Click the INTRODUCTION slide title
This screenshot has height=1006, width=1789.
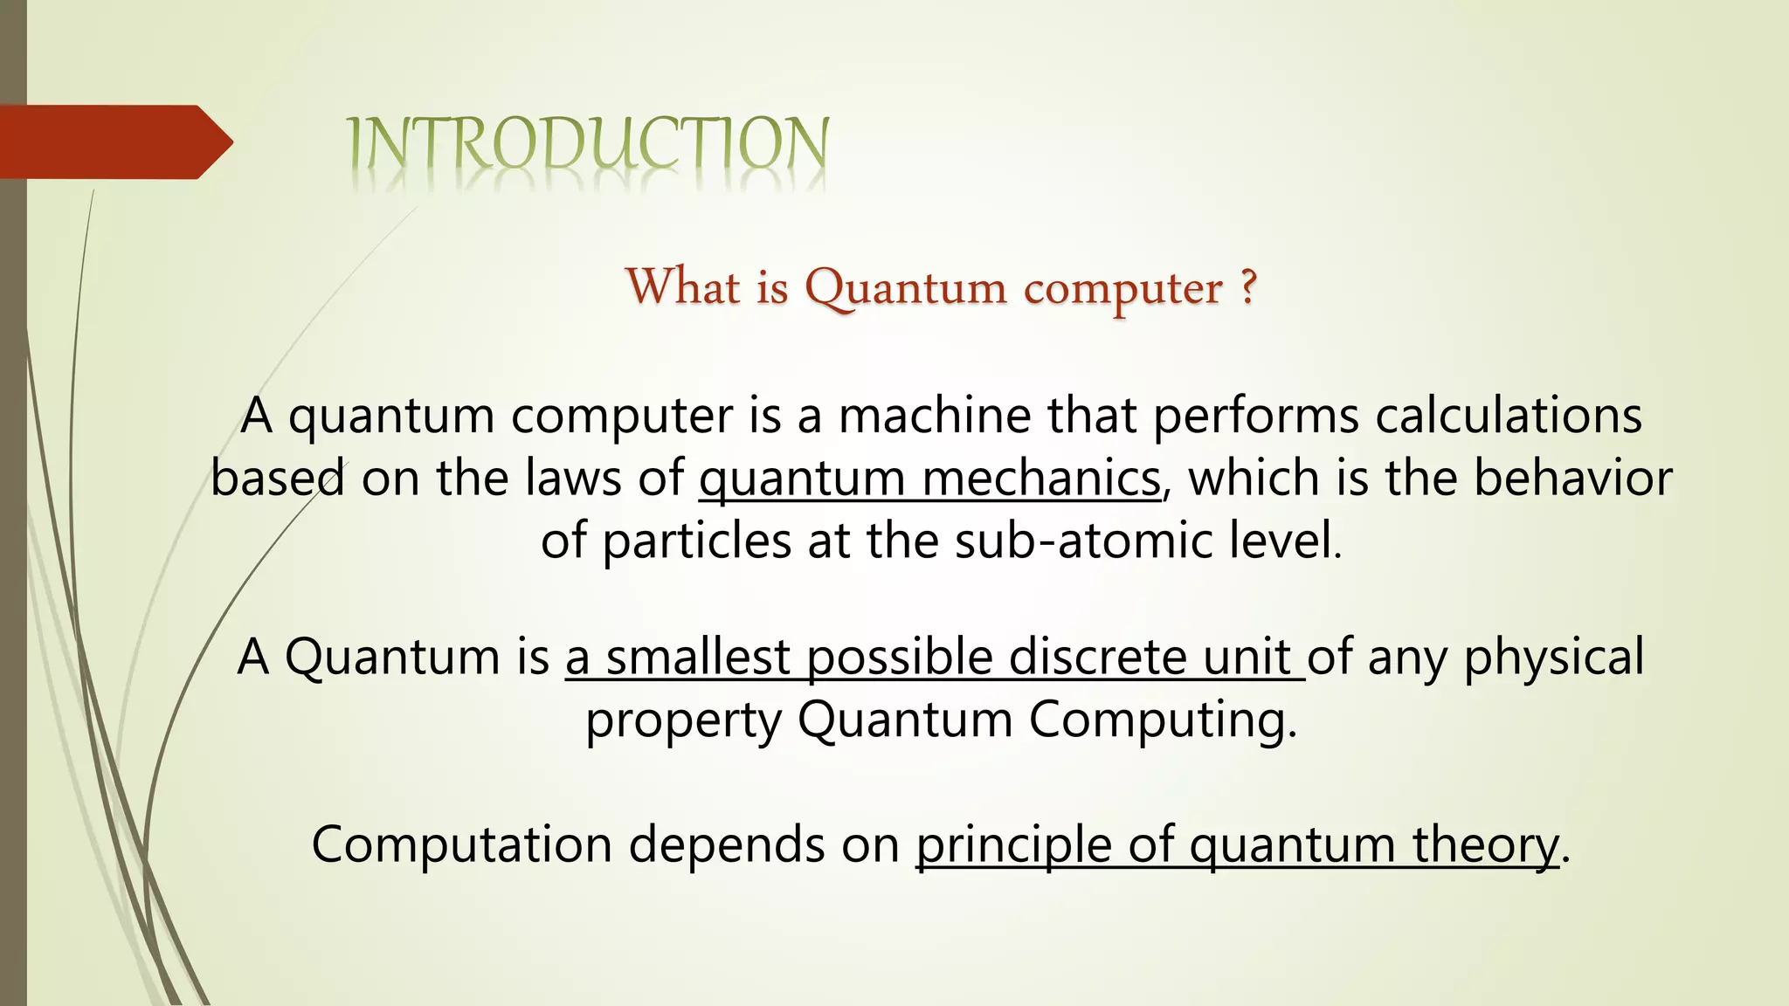click(x=588, y=144)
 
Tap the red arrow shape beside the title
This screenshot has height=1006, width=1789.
click(x=114, y=142)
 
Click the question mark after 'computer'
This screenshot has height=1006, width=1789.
click(x=1247, y=286)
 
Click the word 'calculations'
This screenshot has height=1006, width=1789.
click(x=1509, y=416)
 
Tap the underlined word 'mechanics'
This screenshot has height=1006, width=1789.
click(x=1041, y=479)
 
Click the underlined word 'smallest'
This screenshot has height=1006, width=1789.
click(x=698, y=657)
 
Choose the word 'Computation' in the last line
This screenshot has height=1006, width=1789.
click(x=462, y=845)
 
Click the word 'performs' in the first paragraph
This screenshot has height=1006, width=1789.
click(x=1255, y=417)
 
